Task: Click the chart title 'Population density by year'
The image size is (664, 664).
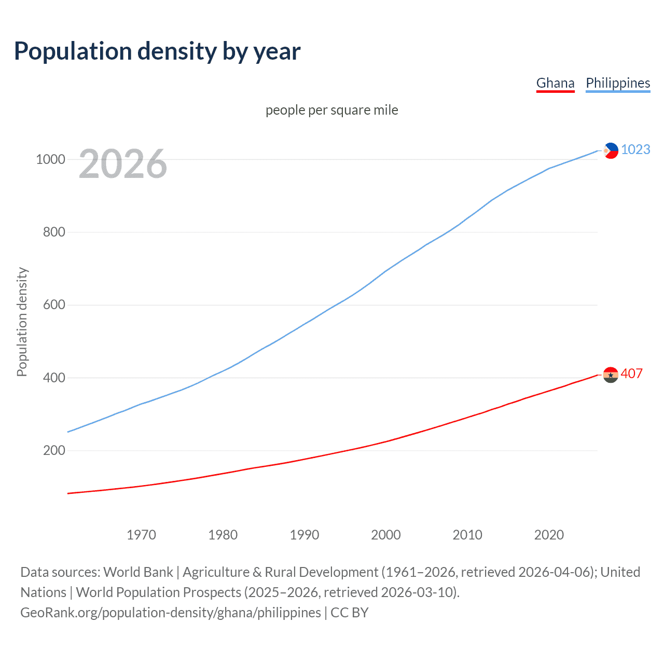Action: coord(157,51)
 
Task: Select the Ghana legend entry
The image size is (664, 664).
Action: coord(555,83)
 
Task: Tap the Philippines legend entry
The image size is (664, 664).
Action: coord(618,83)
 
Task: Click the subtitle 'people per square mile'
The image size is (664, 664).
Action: coord(332,110)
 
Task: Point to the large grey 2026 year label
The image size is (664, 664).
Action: coord(123,164)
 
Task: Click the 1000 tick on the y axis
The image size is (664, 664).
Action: coord(50,159)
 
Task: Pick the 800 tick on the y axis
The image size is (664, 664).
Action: coord(54,232)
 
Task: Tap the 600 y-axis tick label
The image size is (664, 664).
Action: coord(54,305)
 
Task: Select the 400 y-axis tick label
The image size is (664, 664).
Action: coord(54,378)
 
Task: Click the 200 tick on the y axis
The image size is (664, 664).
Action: coord(54,450)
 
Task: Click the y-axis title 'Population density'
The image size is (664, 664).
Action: coord(22,322)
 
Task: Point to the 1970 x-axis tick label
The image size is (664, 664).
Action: coord(141,535)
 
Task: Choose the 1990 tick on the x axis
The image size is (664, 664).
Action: coord(305,535)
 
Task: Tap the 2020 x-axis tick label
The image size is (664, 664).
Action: coord(549,535)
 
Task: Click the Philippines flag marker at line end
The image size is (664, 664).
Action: coord(611,150)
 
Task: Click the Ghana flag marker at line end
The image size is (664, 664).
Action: coord(611,375)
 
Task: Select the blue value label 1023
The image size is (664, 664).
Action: coord(635,149)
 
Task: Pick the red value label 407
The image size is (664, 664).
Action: coord(632,374)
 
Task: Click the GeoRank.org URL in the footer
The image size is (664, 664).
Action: coord(171,613)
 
